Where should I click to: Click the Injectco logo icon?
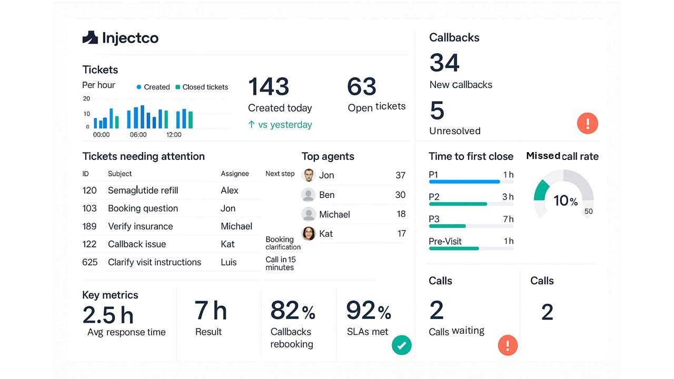tap(90, 37)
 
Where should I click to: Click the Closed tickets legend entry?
tap(202, 87)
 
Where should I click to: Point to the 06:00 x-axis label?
tap(138, 135)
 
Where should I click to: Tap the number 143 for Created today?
tap(269, 87)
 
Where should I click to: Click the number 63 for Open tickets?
tap(362, 87)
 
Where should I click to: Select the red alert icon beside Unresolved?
tap(588, 124)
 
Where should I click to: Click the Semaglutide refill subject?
tap(143, 190)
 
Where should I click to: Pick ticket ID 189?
tap(90, 226)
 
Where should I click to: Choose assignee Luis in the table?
tap(229, 262)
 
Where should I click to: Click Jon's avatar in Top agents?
tap(309, 175)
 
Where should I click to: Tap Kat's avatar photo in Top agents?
tap(309, 234)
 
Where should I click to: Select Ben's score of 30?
tap(400, 195)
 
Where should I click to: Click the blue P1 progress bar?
tap(464, 182)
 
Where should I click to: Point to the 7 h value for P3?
tap(508, 219)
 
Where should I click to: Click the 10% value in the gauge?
tap(565, 201)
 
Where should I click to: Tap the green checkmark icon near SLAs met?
tap(402, 345)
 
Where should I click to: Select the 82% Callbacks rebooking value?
tap(292, 311)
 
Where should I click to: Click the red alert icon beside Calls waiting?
tap(508, 345)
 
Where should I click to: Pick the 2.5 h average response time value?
tap(108, 315)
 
